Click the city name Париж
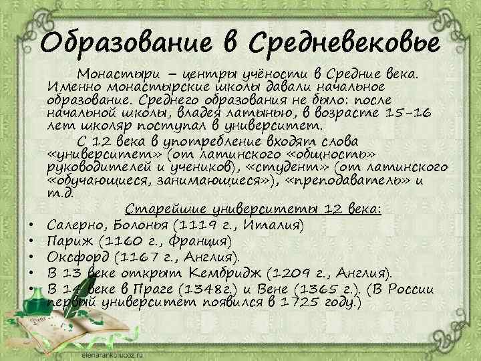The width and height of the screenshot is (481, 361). [x=69, y=241]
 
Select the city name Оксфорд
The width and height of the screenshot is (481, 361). [x=79, y=257]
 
